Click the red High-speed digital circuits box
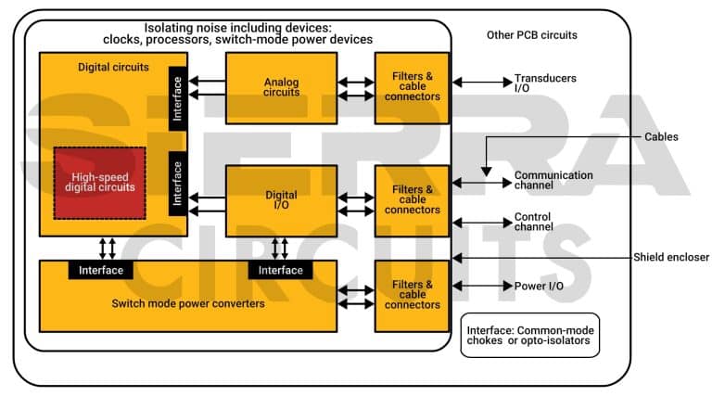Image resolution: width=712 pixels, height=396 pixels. pos(99,182)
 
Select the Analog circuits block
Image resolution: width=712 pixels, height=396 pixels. pos(281,87)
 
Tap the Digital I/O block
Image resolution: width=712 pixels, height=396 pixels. pos(281,201)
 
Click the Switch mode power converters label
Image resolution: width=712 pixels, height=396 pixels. pos(188,304)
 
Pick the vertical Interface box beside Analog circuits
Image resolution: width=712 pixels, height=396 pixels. pos(178,97)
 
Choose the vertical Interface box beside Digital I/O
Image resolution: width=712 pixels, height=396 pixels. pos(178,185)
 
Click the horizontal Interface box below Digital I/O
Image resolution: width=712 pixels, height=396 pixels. pos(280,270)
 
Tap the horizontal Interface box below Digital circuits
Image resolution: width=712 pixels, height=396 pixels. pos(101,270)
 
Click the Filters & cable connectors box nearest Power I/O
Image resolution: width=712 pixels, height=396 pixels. pos(412,294)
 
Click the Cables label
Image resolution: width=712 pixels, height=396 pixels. pos(661,136)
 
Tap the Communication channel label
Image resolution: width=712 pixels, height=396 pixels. pos(553,180)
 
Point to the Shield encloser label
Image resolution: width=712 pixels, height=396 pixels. pos(671,257)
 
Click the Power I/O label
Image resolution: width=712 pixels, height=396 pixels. pos(538,286)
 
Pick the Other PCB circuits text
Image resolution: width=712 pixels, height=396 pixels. pos(531,35)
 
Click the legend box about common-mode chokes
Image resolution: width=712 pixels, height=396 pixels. pos(529,335)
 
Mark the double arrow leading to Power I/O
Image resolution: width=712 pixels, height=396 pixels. pos(480,286)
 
